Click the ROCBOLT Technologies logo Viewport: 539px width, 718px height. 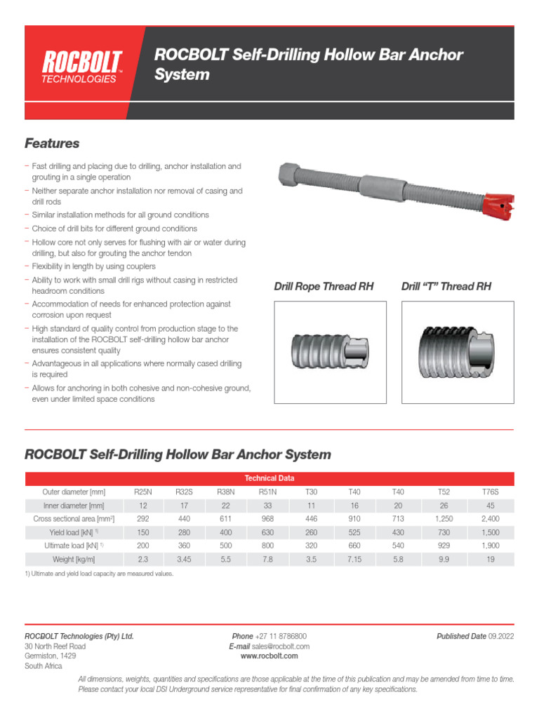pos(83,67)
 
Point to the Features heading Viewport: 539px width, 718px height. pos(52,144)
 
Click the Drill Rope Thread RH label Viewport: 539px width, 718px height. pos(324,287)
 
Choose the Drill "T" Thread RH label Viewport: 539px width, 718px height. pos(446,287)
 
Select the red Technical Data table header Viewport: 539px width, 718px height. pos(269,478)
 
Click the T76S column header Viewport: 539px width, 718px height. pos(491,492)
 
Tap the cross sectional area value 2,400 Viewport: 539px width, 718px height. pos(491,519)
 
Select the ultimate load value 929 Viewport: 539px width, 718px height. pos(443,546)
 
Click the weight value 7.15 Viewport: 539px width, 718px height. pos(354,559)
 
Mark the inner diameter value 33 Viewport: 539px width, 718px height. pos(268,506)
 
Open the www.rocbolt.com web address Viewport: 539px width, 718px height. pos(269,656)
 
